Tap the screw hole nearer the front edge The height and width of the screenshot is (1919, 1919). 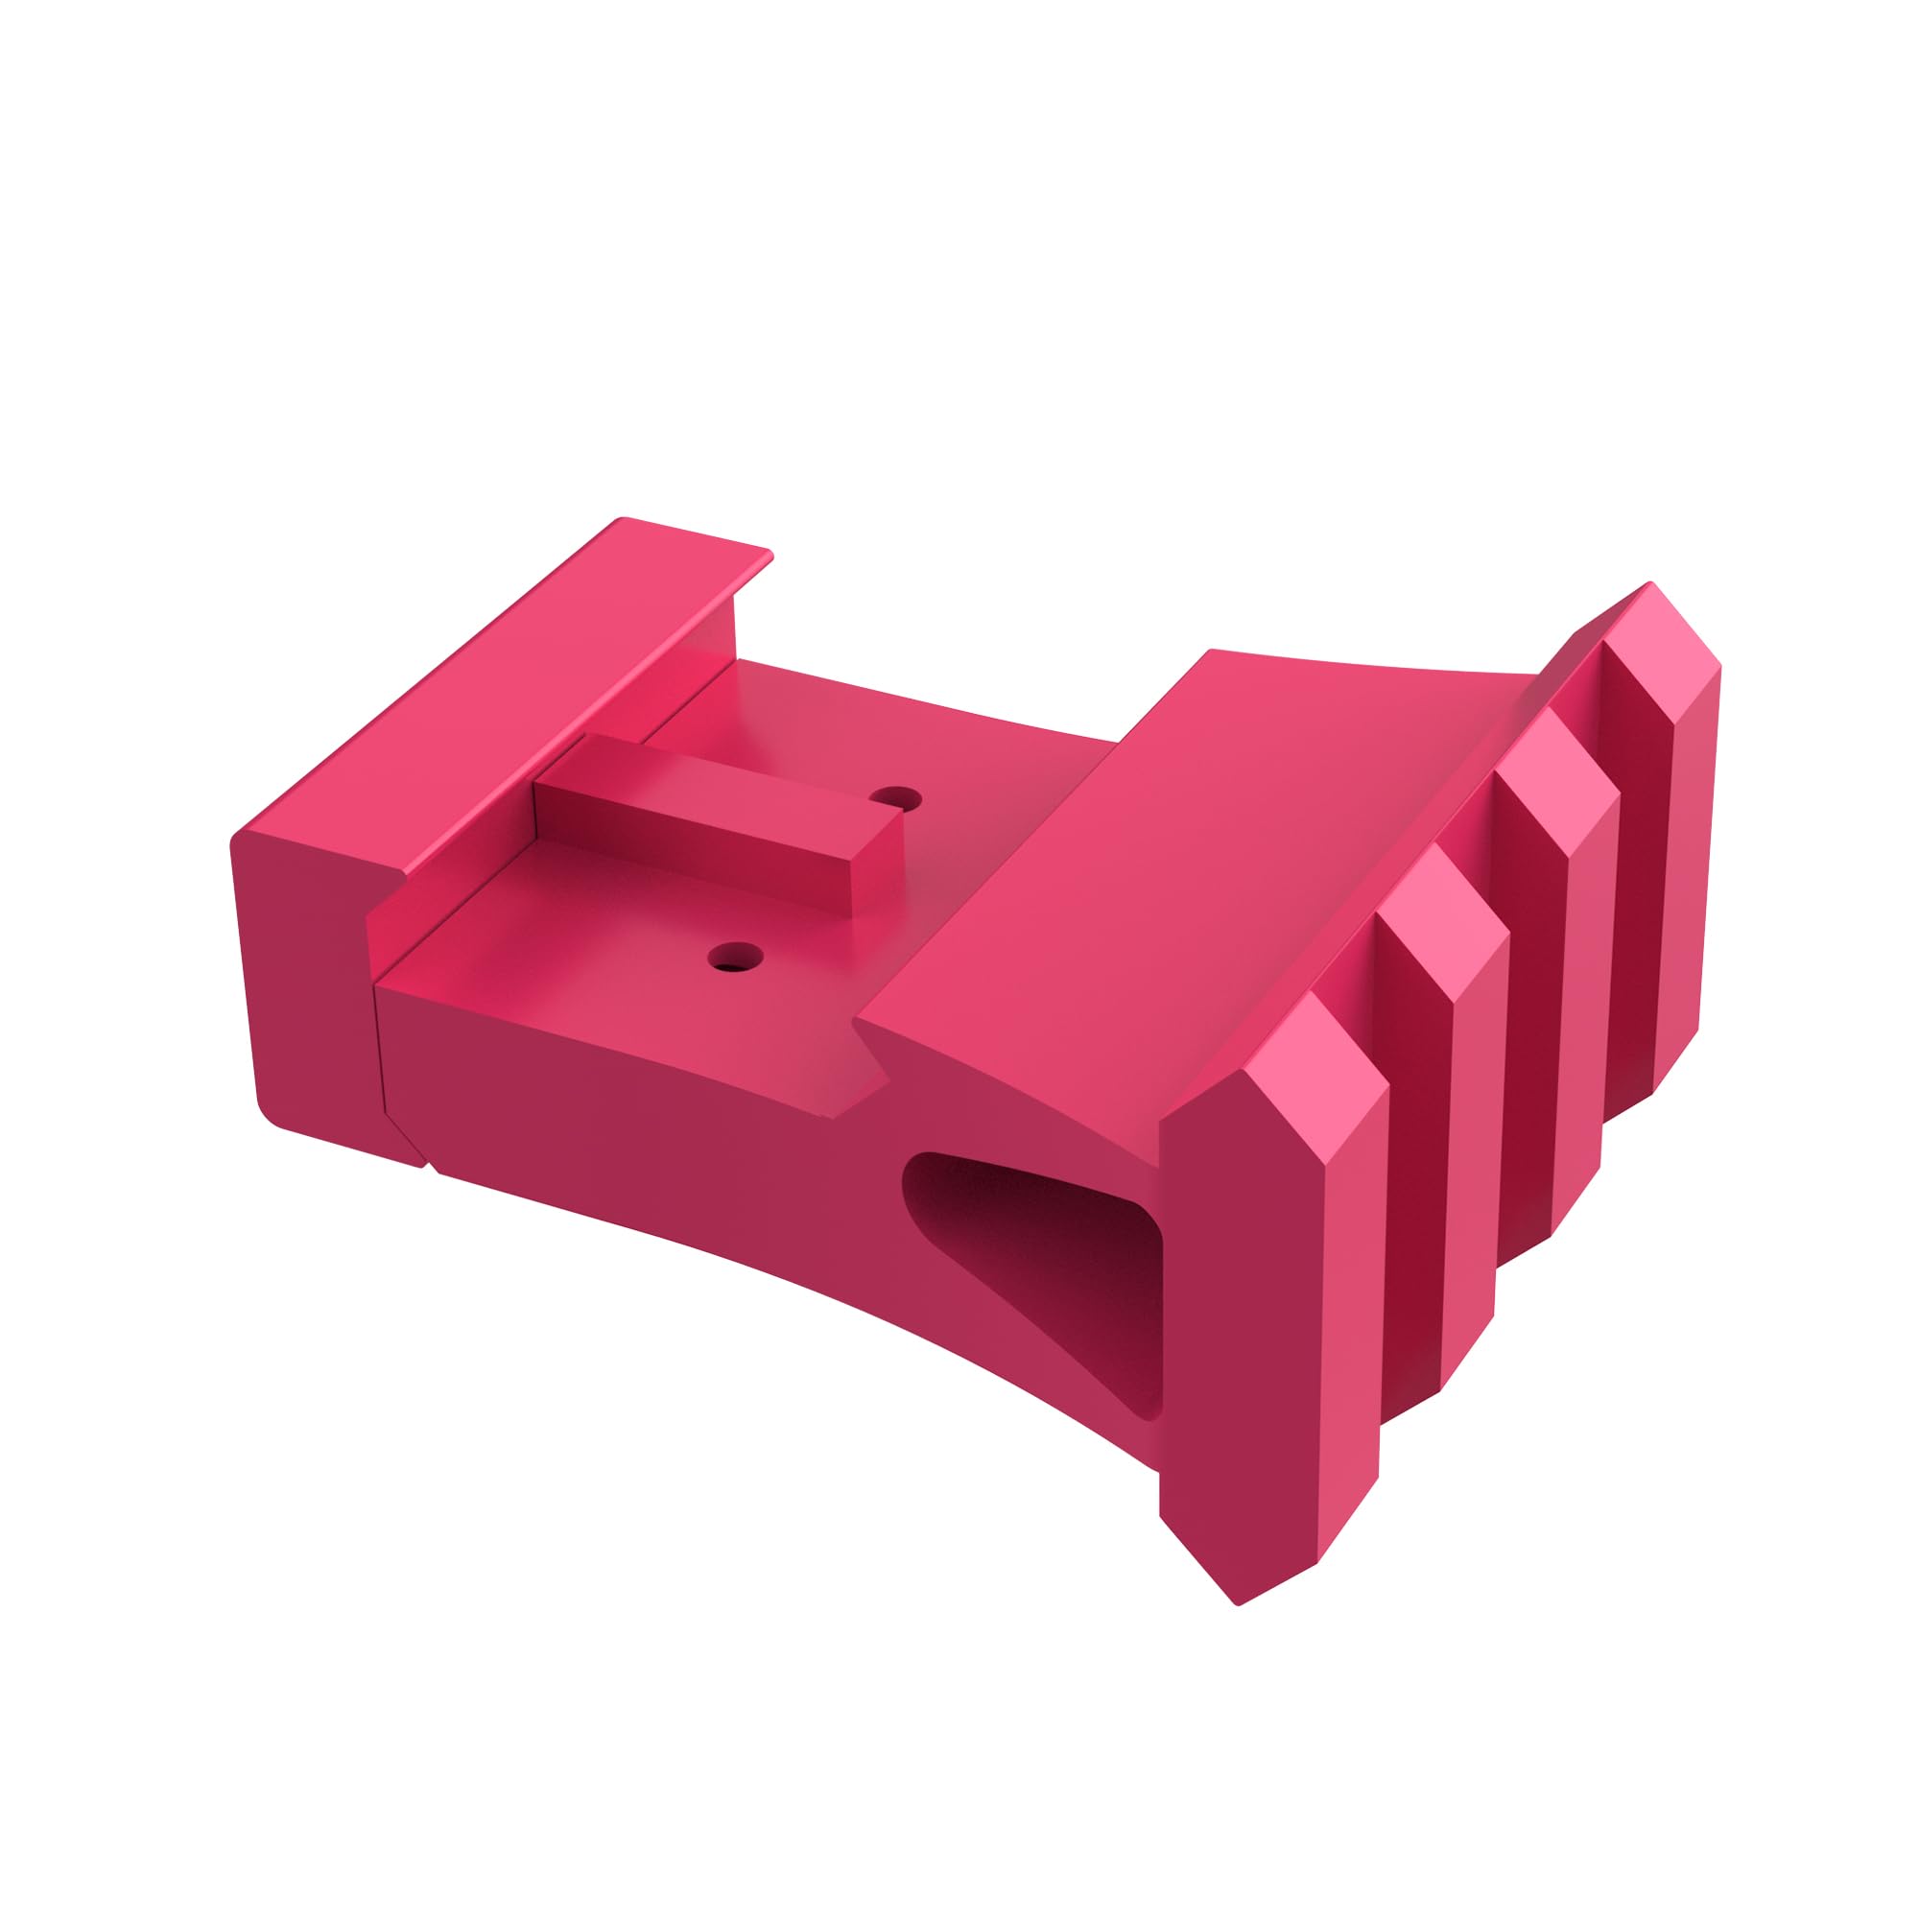tap(735, 959)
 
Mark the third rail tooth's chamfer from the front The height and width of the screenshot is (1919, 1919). tap(1554, 780)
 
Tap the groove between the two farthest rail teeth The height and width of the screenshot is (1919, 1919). tap(1629, 894)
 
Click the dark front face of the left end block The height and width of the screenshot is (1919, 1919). tap(308, 983)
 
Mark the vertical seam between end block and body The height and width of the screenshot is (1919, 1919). tap(378, 1043)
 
